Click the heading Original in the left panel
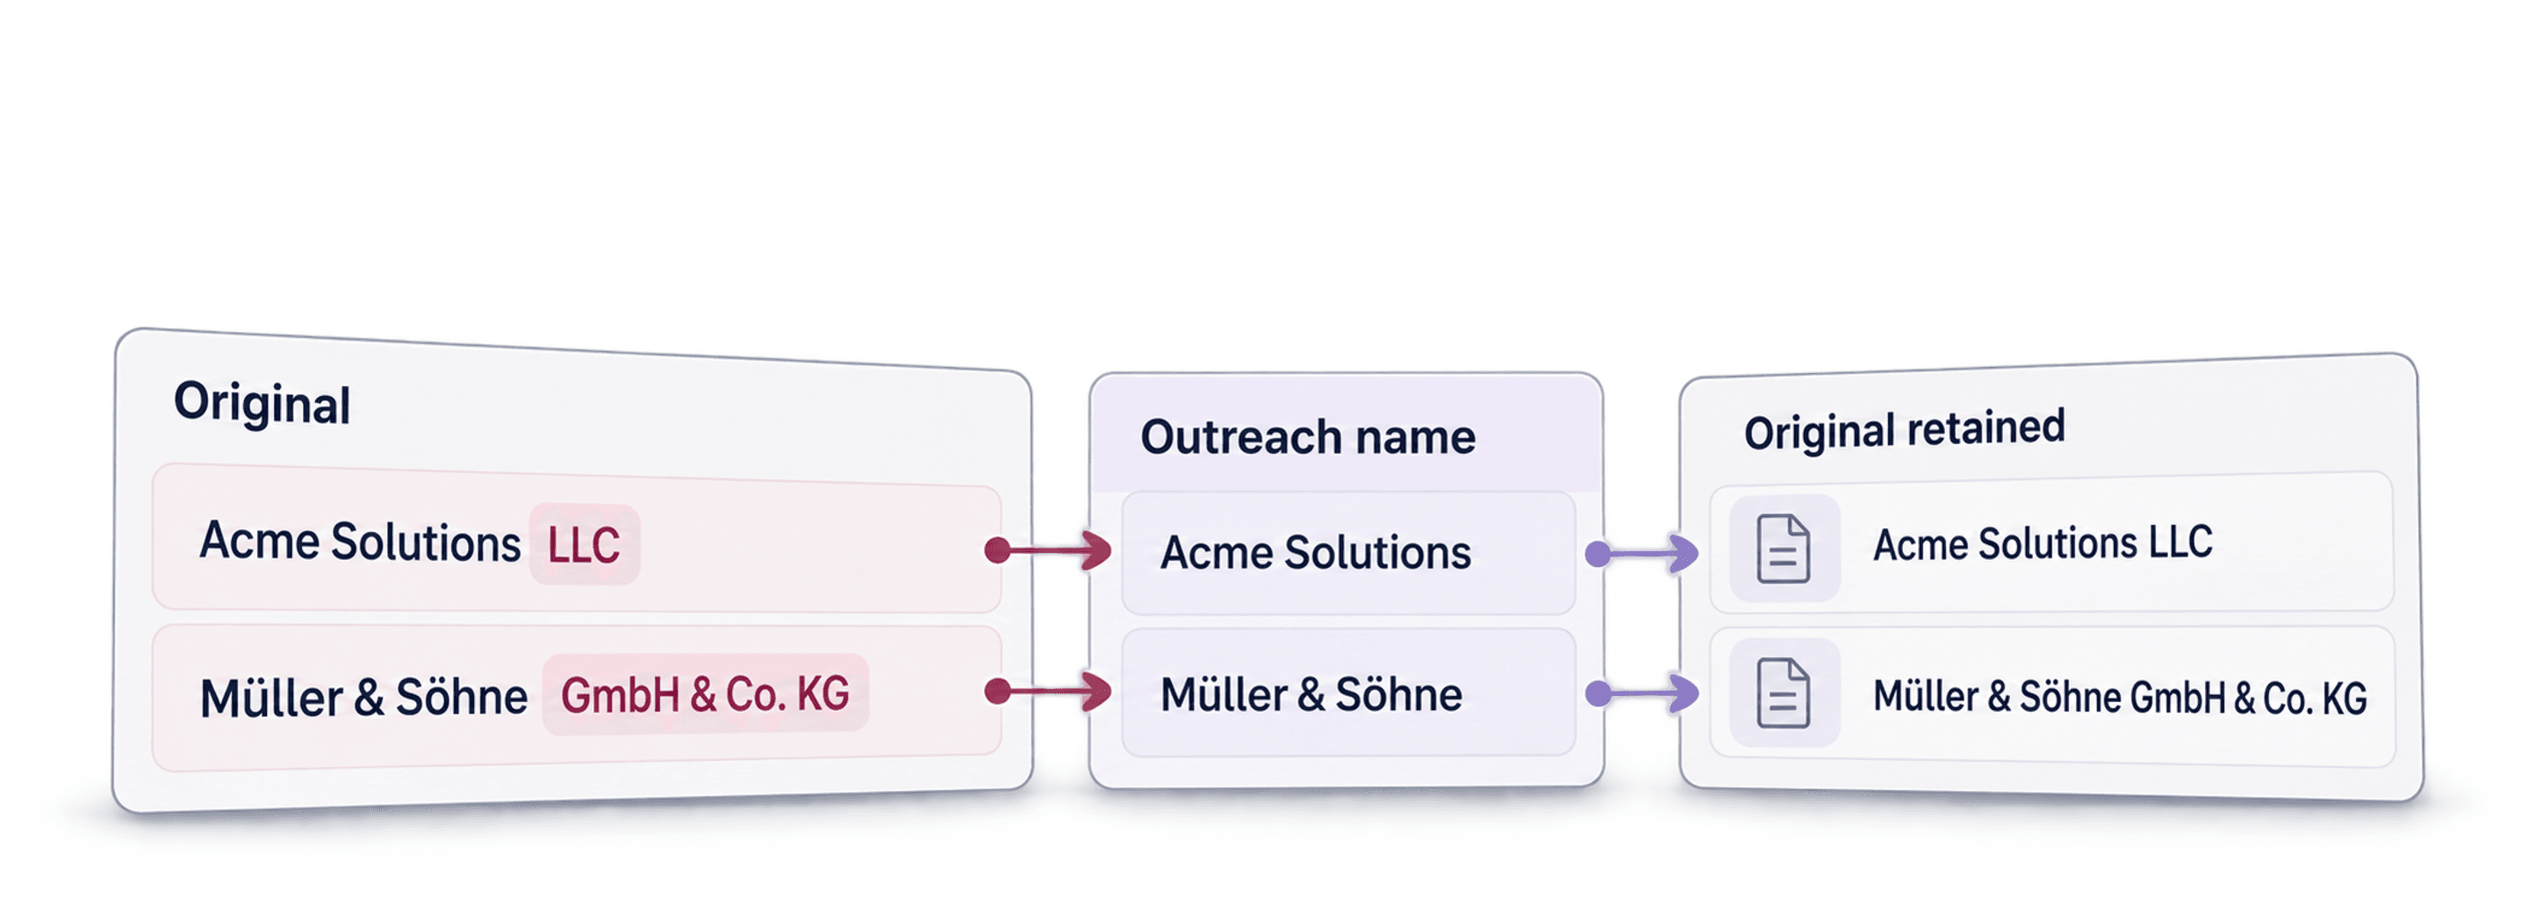pyautogui.click(x=262, y=403)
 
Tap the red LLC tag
pyautogui.click(x=584, y=545)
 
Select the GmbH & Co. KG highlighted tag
pyautogui.click(x=705, y=694)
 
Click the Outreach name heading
pyautogui.click(x=1307, y=437)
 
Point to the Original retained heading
pyautogui.click(x=1904, y=430)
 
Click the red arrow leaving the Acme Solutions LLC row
pyautogui.click(x=1047, y=550)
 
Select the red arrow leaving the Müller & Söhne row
pyautogui.click(x=1047, y=692)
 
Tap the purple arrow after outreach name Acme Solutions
pyautogui.click(x=1641, y=554)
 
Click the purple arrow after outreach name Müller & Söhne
pyautogui.click(x=1641, y=694)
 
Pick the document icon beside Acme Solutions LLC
pyautogui.click(x=1783, y=549)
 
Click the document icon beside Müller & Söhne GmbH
pyautogui.click(x=1783, y=694)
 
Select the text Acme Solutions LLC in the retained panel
pyautogui.click(x=2043, y=542)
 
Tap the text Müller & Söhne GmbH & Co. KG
pyautogui.click(x=2120, y=697)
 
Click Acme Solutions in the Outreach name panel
pyautogui.click(x=1315, y=553)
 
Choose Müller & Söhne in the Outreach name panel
pyautogui.click(x=1311, y=695)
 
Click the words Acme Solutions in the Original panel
pyautogui.click(x=359, y=542)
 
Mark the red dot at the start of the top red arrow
pyautogui.click(x=998, y=550)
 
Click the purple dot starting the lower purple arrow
pyautogui.click(x=1598, y=694)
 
